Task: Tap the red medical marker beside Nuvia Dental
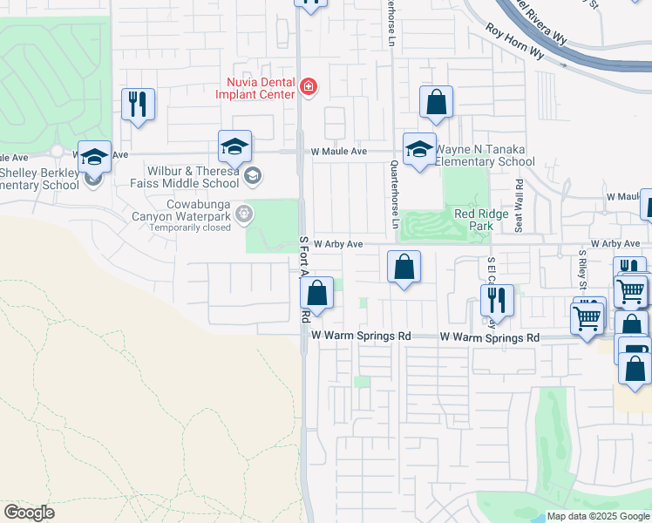point(308,86)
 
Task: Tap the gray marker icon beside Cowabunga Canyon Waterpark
point(244,213)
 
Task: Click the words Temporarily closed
point(189,228)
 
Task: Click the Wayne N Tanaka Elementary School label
point(485,155)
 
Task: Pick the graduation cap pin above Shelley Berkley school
point(95,157)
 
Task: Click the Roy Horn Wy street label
point(514,41)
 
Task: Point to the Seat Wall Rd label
point(520,206)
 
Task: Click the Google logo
point(29,513)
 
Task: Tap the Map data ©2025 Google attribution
point(598,516)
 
